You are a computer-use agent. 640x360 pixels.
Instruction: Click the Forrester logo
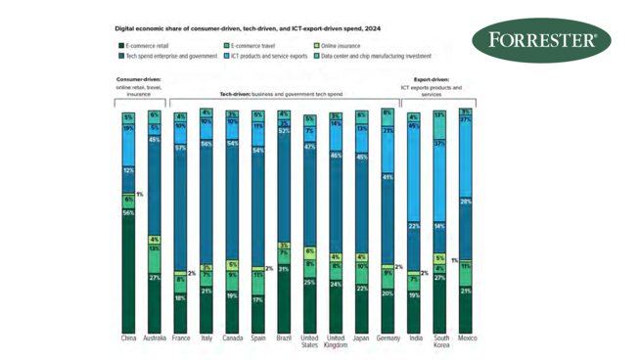(x=541, y=42)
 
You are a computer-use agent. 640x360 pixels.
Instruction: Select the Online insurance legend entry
(x=337, y=46)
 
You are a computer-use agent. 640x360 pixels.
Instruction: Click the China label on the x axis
(x=128, y=338)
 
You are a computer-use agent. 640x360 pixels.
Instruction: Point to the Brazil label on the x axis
(x=284, y=338)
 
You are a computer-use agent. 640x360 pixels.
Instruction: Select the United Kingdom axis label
(x=336, y=342)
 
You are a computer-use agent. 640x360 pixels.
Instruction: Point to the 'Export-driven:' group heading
(x=432, y=80)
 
